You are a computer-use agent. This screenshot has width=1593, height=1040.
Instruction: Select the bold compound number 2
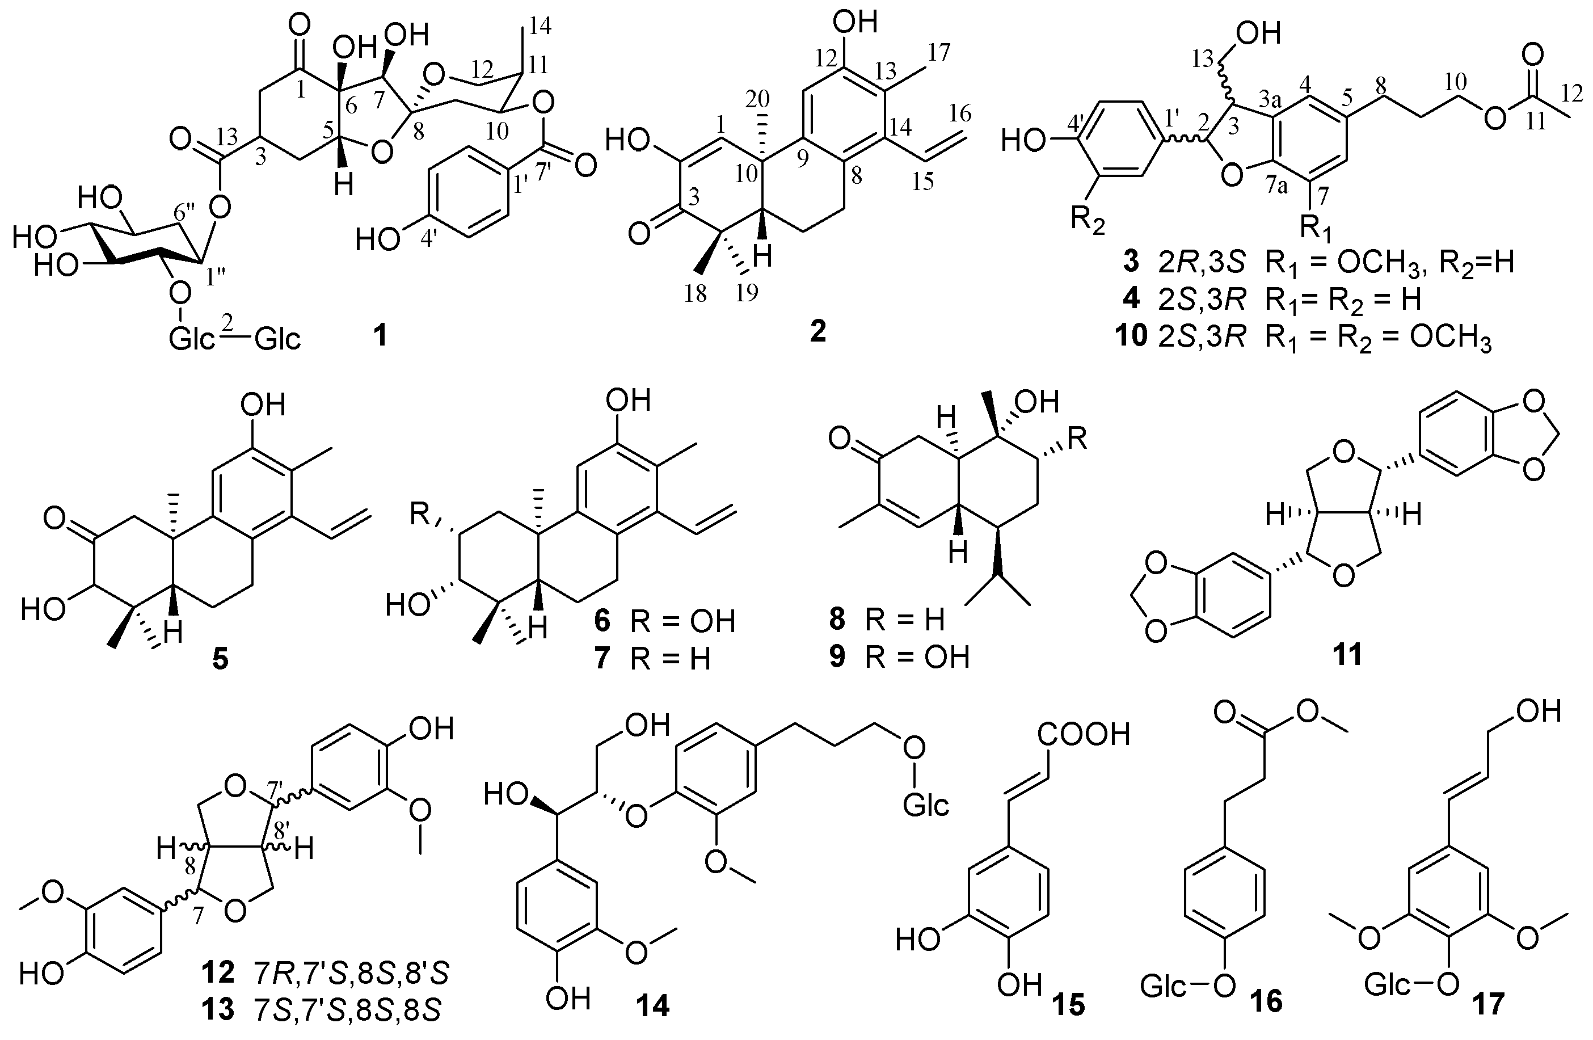[818, 331]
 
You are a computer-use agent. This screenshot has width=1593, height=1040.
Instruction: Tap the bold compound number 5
[220, 660]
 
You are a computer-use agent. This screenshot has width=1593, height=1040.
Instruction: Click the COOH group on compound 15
[1084, 735]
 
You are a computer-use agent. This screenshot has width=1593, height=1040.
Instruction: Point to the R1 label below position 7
[1314, 230]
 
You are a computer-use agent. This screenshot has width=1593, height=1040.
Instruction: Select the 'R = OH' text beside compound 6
[682, 622]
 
